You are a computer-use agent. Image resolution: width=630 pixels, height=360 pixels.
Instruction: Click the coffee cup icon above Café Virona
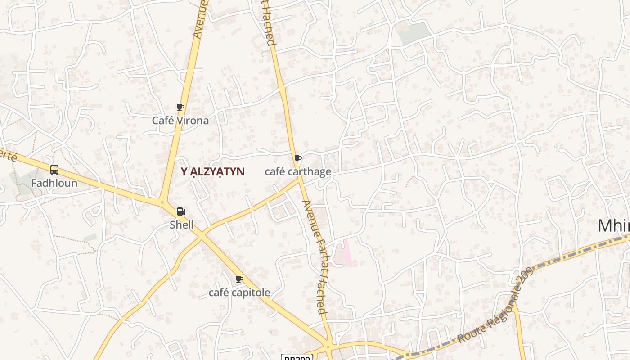pyautogui.click(x=180, y=107)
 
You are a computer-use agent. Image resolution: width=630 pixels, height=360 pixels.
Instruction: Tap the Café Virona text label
pyautogui.click(x=180, y=121)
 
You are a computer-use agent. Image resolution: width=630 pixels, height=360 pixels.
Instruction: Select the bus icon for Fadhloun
pyautogui.click(x=54, y=170)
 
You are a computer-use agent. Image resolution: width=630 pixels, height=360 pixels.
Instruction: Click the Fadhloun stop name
pyautogui.click(x=54, y=183)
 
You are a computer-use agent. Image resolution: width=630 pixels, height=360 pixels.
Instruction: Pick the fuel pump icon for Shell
pyautogui.click(x=181, y=211)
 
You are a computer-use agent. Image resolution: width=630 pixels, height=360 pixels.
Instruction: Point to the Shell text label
pyautogui.click(x=181, y=225)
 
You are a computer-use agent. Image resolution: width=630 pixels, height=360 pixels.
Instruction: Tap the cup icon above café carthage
pyautogui.click(x=297, y=158)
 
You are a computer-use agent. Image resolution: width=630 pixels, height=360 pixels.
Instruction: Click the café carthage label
pyautogui.click(x=298, y=171)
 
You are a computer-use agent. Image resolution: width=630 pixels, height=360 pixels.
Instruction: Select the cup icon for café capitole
pyautogui.click(x=239, y=279)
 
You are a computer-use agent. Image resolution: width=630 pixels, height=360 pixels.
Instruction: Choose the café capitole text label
pyautogui.click(x=239, y=292)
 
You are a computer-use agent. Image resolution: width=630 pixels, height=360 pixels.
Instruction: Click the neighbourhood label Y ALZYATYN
pyautogui.click(x=212, y=171)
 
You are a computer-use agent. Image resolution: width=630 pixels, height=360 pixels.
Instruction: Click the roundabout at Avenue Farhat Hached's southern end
pyautogui.click(x=328, y=347)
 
